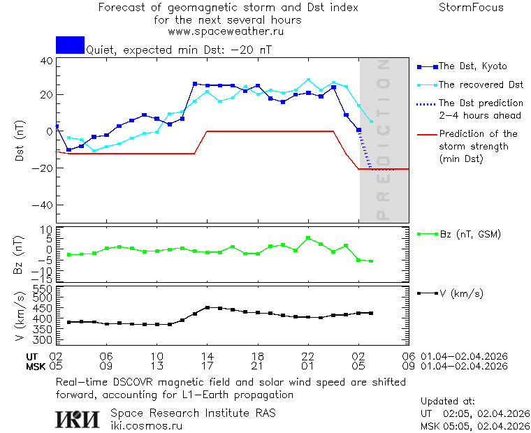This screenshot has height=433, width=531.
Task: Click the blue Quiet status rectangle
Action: coord(70,45)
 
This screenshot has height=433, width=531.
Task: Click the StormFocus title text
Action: coord(471,8)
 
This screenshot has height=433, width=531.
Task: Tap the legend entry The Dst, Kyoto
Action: coord(472,66)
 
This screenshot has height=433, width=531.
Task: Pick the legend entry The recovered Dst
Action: coord(481,85)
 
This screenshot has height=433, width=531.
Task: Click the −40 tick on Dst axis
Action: coord(45,205)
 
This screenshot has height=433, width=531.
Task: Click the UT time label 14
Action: coord(208,355)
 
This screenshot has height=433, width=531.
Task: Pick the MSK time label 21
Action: coord(258,365)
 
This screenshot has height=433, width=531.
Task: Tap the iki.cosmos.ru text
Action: coord(147,425)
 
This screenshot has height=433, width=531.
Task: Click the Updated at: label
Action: coord(448,402)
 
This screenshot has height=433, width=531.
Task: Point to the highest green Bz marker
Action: coord(308,238)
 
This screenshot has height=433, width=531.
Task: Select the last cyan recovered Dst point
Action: coord(371,122)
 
